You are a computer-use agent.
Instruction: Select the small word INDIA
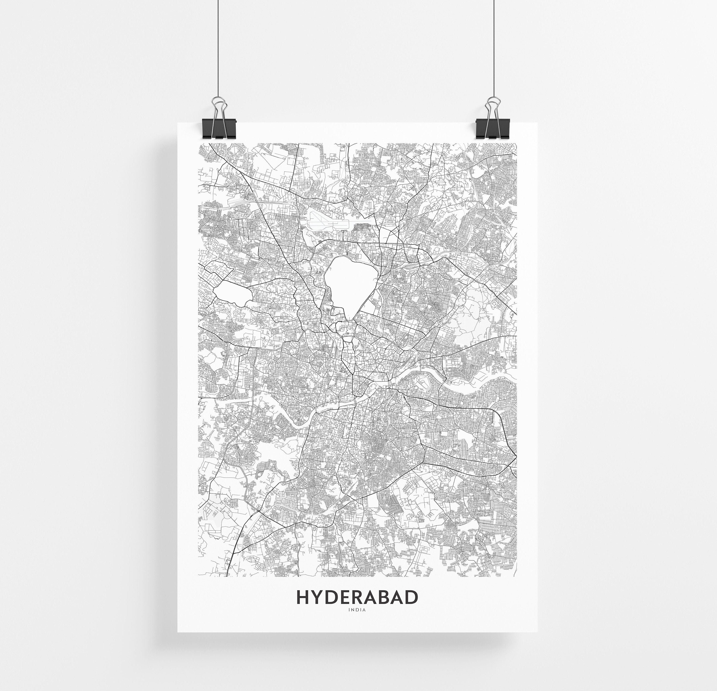(357, 610)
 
